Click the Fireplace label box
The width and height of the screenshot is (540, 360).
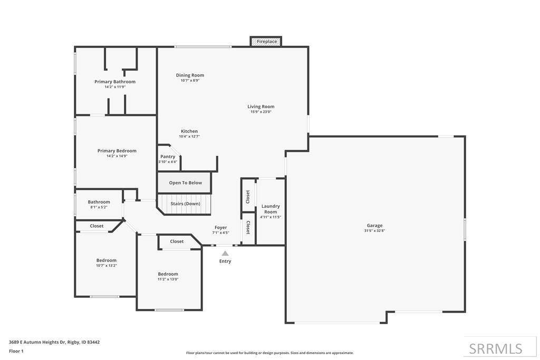point(266,41)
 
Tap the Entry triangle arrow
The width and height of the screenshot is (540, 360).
point(225,254)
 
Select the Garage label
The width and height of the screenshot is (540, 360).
point(374,226)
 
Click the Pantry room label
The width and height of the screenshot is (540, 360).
point(168,157)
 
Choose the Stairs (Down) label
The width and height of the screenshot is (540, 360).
point(185,203)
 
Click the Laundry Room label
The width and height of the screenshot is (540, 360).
point(271,209)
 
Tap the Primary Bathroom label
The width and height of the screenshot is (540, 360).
point(115,82)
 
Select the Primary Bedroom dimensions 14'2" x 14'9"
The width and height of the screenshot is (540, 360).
point(117,156)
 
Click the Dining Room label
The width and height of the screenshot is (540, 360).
point(190,75)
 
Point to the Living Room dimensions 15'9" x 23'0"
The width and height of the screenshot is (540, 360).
point(261,112)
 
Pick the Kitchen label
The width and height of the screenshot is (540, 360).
point(189,131)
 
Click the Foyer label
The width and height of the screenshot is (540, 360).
point(221,228)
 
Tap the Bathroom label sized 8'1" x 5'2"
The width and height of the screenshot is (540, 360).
point(99,202)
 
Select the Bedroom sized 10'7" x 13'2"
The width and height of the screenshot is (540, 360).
point(107,260)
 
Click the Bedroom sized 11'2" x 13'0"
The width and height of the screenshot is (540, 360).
point(168,274)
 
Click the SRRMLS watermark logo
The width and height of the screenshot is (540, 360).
point(496,348)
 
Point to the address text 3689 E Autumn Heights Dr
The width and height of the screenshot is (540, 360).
point(37,342)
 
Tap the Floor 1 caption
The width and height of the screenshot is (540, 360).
point(16,351)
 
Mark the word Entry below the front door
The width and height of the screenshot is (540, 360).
point(225,261)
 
